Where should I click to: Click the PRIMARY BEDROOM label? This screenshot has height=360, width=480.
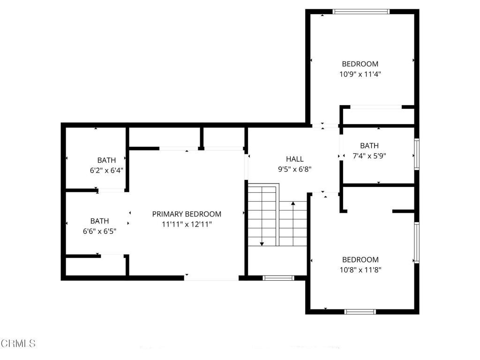pyautogui.click(x=187, y=214)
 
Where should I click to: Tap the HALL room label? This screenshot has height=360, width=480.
pyautogui.click(x=294, y=159)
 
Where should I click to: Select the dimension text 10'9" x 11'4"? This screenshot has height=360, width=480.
pyautogui.click(x=360, y=74)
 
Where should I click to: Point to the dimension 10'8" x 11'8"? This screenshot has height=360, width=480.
pyautogui.click(x=360, y=270)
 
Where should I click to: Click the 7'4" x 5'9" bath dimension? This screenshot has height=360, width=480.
pyautogui.click(x=369, y=156)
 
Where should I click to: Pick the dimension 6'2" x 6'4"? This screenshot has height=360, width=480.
pyautogui.click(x=106, y=170)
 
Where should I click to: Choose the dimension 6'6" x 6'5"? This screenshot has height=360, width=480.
pyautogui.click(x=100, y=231)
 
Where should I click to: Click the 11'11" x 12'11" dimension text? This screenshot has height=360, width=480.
pyautogui.click(x=187, y=225)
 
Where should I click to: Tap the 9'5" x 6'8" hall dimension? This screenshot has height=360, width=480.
pyautogui.click(x=294, y=169)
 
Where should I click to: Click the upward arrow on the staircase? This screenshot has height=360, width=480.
pyautogui.click(x=293, y=204)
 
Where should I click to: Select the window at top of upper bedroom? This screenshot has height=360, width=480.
pyautogui.click(x=361, y=11)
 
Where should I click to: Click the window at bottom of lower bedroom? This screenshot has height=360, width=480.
pyautogui.click(x=360, y=311)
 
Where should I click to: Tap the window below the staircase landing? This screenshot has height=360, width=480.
pyautogui.click(x=278, y=278)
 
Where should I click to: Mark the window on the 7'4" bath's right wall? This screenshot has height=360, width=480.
pyautogui.click(x=416, y=154)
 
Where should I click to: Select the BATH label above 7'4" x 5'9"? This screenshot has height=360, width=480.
pyautogui.click(x=369, y=145)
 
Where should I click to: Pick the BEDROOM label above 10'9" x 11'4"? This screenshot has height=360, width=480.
pyautogui.click(x=360, y=64)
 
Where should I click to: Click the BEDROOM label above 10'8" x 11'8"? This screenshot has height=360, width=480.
pyautogui.click(x=360, y=260)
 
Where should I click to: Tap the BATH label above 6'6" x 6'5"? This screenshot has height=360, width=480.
pyautogui.click(x=100, y=221)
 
